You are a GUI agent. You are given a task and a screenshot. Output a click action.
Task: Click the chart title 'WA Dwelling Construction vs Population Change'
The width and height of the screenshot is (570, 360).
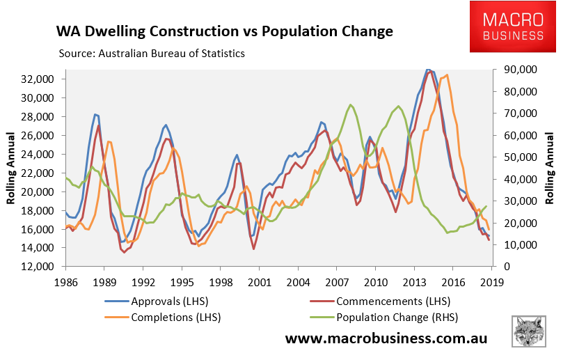[x=224, y=31]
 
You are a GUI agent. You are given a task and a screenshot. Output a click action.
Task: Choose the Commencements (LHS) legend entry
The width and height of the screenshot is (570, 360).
[x=393, y=302]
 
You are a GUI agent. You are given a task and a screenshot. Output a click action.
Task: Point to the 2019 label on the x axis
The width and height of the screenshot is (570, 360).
[x=492, y=283]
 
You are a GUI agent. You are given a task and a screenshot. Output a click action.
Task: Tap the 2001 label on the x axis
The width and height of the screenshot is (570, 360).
[x=259, y=283]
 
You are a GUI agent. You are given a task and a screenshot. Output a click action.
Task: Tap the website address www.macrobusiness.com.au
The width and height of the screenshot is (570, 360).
[x=387, y=339]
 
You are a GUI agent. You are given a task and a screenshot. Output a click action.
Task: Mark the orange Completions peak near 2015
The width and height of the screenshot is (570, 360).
[x=447, y=75]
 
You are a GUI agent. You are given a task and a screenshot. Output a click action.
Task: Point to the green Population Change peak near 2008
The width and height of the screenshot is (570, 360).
[x=350, y=104]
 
